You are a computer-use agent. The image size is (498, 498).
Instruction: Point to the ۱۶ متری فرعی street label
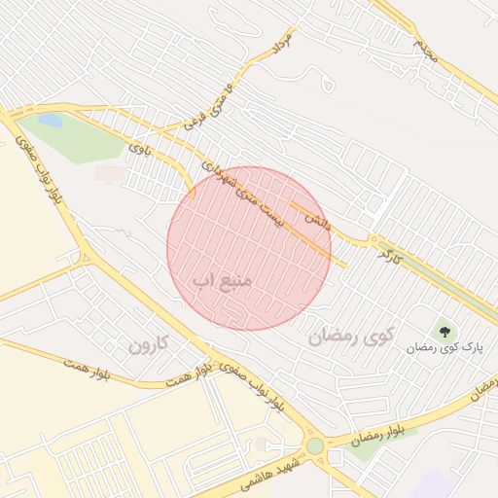tap(210, 106)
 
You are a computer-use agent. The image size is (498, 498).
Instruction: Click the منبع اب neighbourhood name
tap(222, 280)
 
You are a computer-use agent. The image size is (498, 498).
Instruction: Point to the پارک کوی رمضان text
tap(445, 346)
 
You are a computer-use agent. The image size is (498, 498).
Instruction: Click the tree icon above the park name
tap(445, 331)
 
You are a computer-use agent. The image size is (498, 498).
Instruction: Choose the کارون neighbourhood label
tap(149, 343)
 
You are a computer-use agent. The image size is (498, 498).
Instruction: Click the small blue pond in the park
tap(51, 122)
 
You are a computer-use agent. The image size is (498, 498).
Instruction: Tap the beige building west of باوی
tap(110, 173)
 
